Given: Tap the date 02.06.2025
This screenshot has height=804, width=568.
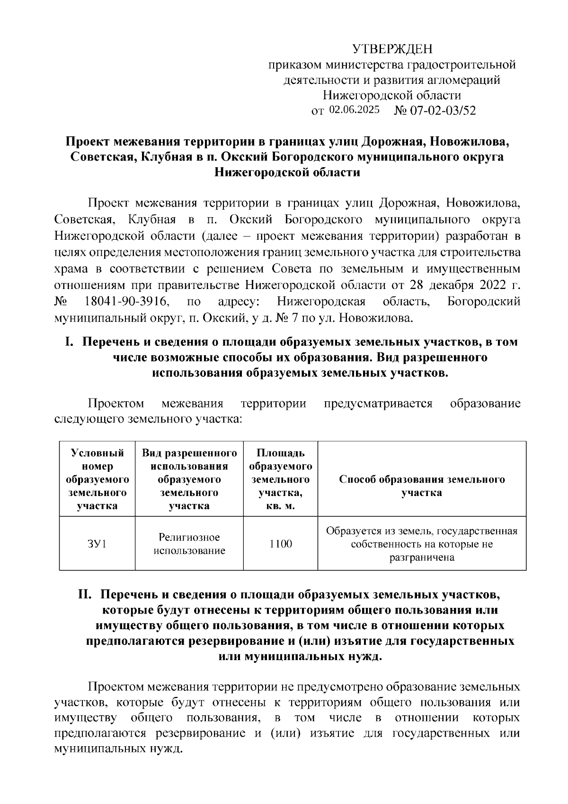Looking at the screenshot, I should pyautogui.click(x=354, y=110).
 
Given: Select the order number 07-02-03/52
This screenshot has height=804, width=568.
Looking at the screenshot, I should pyautogui.click(x=442, y=110).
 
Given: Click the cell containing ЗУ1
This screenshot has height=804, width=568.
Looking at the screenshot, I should pyautogui.click(x=97, y=543).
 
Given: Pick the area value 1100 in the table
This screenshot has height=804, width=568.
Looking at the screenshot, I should pyautogui.click(x=280, y=543).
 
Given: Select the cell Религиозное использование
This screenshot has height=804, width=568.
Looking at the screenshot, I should pyautogui.click(x=189, y=543).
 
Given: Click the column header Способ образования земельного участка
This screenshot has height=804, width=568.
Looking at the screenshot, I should pyautogui.click(x=422, y=486).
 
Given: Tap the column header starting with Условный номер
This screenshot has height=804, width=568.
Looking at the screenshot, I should pyautogui.click(x=97, y=479).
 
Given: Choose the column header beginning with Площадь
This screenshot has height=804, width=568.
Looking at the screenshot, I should pyautogui.click(x=280, y=479).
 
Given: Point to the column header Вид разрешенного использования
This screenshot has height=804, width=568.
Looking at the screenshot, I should pyautogui.click(x=189, y=479).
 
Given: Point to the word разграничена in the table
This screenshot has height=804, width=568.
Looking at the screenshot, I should pyautogui.click(x=422, y=557).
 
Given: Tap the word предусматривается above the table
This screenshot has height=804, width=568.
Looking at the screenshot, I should pyautogui.click(x=378, y=403).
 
